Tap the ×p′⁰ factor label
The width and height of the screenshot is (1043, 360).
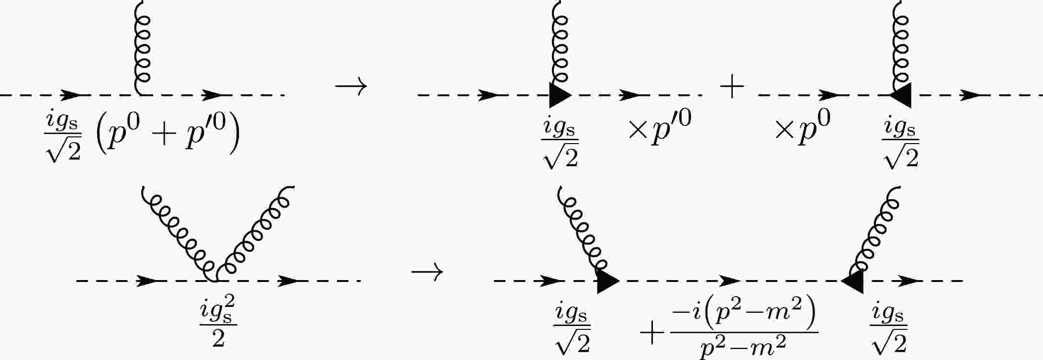coord(660,127)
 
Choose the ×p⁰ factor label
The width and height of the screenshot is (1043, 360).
coord(802,127)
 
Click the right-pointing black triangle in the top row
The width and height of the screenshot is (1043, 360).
coord(561,95)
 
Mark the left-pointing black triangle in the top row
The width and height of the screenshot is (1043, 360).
coord(900,95)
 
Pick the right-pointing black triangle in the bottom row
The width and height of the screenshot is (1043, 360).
coord(608,281)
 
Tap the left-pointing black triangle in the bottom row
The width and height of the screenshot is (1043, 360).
coord(852,281)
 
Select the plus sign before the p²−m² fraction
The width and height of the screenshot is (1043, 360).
coord(653,334)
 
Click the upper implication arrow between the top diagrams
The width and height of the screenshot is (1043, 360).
coord(351,87)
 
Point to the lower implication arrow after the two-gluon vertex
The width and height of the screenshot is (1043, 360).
coord(427,273)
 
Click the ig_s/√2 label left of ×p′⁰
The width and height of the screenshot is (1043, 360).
coord(560,144)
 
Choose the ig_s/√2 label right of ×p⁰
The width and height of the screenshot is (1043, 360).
coord(900,144)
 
